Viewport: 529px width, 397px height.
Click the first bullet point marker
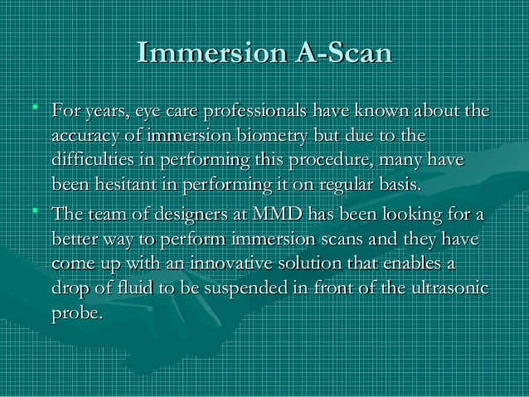32,108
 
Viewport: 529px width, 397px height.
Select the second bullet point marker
32,214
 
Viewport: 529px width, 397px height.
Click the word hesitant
122,183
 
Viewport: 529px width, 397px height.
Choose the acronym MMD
277,216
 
